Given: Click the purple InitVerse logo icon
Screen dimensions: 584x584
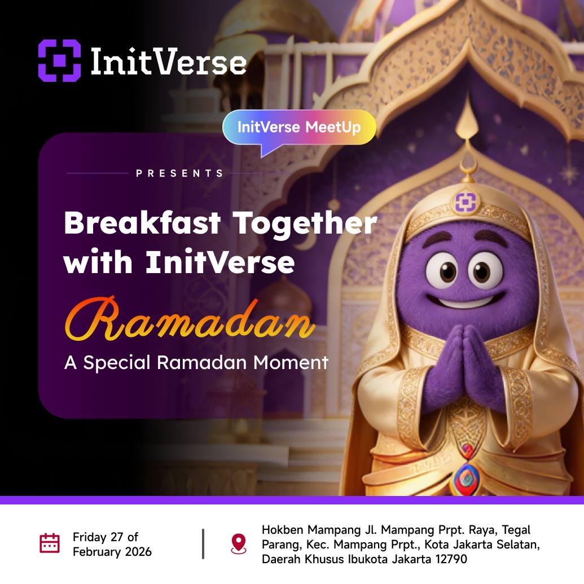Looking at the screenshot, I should (x=59, y=60).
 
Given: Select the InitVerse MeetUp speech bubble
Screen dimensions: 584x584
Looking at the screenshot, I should (x=299, y=128).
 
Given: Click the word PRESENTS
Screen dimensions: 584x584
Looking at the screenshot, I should (x=180, y=174).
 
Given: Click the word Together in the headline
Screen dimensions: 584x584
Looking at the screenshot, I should (x=305, y=225).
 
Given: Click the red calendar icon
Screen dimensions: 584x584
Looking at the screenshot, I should (x=50, y=543).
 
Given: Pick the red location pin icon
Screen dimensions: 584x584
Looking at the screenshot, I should (x=239, y=543).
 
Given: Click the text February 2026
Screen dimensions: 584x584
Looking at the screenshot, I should (x=112, y=551).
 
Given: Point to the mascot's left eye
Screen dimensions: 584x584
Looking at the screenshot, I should (x=442, y=270).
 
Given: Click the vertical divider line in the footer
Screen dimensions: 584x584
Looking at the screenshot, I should (x=203, y=544).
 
